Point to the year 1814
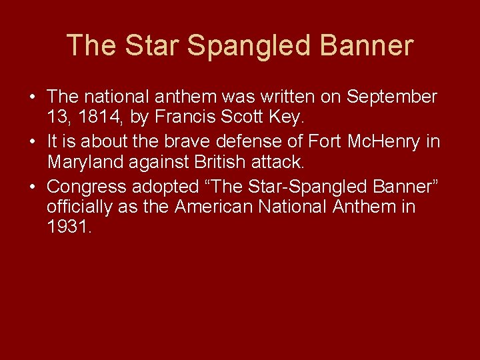pos(100,119)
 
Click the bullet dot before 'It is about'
pos(33,142)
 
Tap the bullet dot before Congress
pos(33,186)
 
